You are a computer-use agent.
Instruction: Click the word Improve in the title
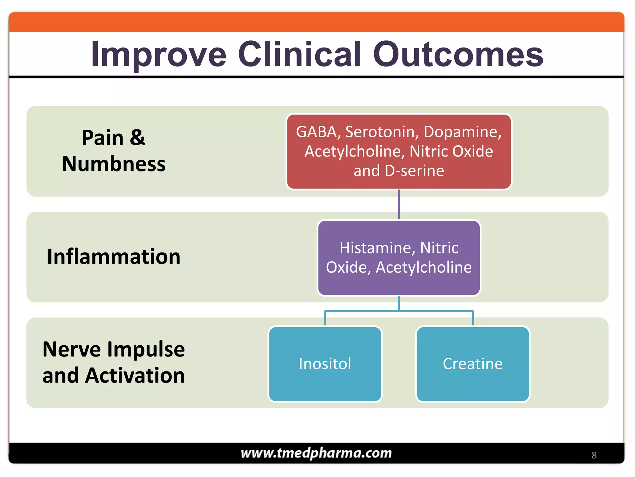pyautogui.click(x=158, y=55)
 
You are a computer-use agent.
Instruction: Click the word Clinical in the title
pyautogui.click(x=300, y=55)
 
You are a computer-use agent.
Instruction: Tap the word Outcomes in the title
pyautogui.click(x=458, y=55)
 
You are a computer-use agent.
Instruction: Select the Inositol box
pyautogui.click(x=325, y=364)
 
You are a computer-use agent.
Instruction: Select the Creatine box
pyautogui.click(x=473, y=364)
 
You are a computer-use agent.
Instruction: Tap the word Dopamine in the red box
pyautogui.click(x=462, y=132)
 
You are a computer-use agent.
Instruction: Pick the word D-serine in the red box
pyautogui.click(x=414, y=171)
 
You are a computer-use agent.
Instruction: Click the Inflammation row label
pyautogui.click(x=113, y=257)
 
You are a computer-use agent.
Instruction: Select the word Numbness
pyautogui.click(x=113, y=164)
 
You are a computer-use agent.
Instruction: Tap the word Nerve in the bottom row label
pyautogui.click(x=71, y=349)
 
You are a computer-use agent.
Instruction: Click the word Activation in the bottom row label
pyautogui.click(x=135, y=375)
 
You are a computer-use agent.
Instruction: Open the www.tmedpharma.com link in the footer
pyautogui.click(x=316, y=453)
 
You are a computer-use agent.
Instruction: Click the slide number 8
pyautogui.click(x=594, y=455)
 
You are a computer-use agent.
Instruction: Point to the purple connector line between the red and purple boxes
pyautogui.click(x=399, y=204)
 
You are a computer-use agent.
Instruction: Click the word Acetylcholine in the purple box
pyautogui.click(x=424, y=267)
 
